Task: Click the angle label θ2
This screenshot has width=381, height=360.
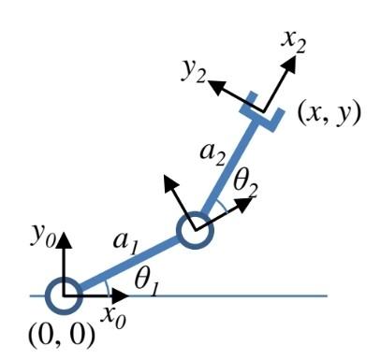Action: pyautogui.click(x=245, y=184)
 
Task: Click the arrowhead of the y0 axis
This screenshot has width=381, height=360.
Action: pyautogui.click(x=64, y=238)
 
